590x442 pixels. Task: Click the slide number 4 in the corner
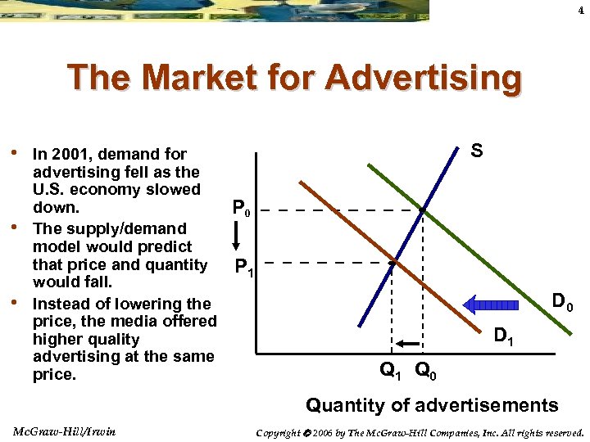(581, 11)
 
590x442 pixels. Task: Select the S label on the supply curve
(476, 151)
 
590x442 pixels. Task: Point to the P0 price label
(241, 209)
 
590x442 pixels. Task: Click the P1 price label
(244, 266)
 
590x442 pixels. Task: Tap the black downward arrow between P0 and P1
(235, 237)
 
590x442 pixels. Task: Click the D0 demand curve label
(562, 303)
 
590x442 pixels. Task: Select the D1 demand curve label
(505, 335)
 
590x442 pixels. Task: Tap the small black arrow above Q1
(407, 344)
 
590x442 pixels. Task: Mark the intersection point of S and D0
(422, 210)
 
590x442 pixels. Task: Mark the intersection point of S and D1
(392, 264)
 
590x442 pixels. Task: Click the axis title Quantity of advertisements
(432, 404)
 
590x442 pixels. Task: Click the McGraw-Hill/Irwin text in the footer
(64, 431)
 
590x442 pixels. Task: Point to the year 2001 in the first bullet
(79, 154)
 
